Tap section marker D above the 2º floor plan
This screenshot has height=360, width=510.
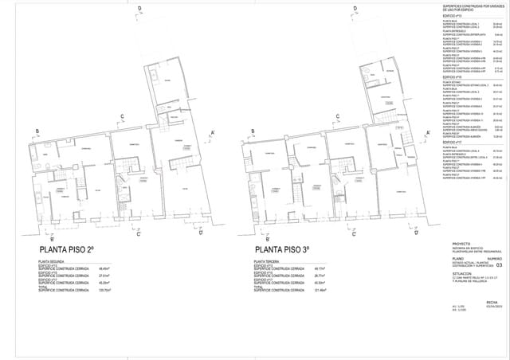140,10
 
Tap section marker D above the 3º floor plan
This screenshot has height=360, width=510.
353,10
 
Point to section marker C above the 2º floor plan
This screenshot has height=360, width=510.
122,117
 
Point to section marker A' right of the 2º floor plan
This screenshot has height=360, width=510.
213,133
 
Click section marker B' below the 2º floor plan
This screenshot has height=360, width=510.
53,239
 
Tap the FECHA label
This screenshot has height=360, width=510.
492,302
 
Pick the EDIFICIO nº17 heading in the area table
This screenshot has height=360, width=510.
453,143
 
